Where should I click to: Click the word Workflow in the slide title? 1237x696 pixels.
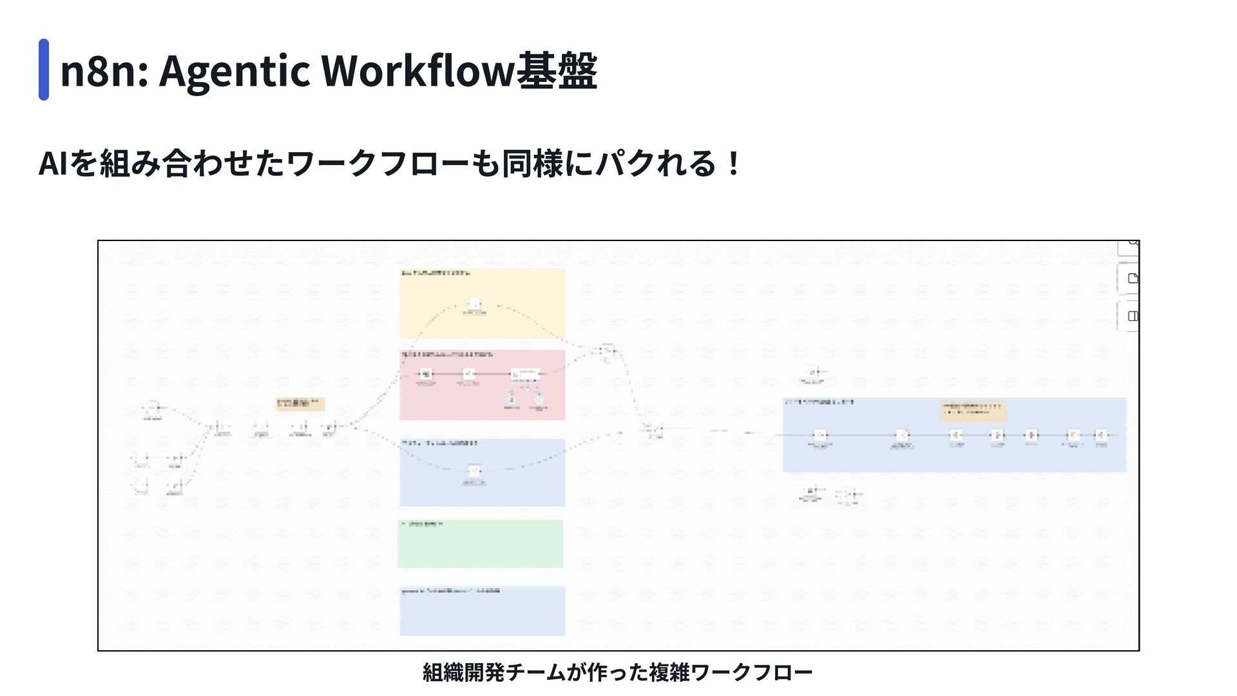(x=417, y=70)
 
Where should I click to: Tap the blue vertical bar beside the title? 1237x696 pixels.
(x=44, y=70)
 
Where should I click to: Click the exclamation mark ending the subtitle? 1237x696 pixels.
(x=733, y=164)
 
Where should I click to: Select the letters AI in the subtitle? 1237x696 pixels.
(x=52, y=164)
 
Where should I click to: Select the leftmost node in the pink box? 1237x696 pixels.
(x=425, y=374)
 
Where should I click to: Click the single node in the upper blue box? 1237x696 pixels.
(x=475, y=471)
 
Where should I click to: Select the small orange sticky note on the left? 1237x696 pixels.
(x=300, y=404)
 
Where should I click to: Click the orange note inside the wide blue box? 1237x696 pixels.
(x=973, y=411)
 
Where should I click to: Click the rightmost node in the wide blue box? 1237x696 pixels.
(x=1102, y=435)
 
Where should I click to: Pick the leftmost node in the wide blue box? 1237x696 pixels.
(x=820, y=436)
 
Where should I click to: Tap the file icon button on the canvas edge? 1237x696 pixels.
(x=1132, y=278)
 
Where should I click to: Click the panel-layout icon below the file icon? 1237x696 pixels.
(x=1132, y=316)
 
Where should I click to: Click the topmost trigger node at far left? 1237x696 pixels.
(x=151, y=408)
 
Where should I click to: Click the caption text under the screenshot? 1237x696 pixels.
(x=617, y=672)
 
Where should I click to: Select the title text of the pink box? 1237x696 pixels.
(x=447, y=354)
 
